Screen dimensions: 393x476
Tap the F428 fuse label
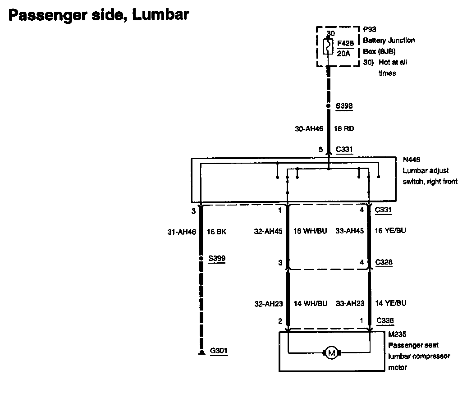pyautogui.click(x=345, y=43)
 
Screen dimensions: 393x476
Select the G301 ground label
pyautogui.click(x=219, y=351)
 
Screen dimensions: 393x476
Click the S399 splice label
pyautogui.click(x=217, y=259)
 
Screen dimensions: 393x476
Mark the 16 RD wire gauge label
pyautogui.click(x=343, y=128)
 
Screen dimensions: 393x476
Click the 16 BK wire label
pyautogui.click(x=216, y=232)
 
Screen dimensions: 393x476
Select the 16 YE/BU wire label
pyautogui.click(x=390, y=231)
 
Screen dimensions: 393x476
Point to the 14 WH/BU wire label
pyautogui.click(x=310, y=303)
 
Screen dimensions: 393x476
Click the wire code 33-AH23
pyautogui.click(x=350, y=303)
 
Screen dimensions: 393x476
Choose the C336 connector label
pyautogui.click(x=384, y=321)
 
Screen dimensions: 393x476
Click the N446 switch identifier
pyautogui.click(x=412, y=160)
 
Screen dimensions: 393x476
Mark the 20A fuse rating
pyautogui.click(x=343, y=53)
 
